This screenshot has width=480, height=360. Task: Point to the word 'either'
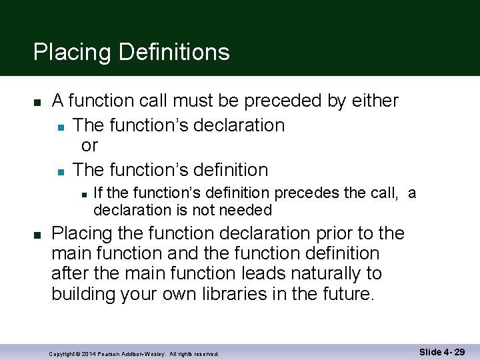point(373,101)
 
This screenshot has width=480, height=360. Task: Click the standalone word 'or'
point(89,146)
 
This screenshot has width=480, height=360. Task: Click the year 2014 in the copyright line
point(89,353)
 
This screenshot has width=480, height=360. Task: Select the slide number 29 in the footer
point(459,352)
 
